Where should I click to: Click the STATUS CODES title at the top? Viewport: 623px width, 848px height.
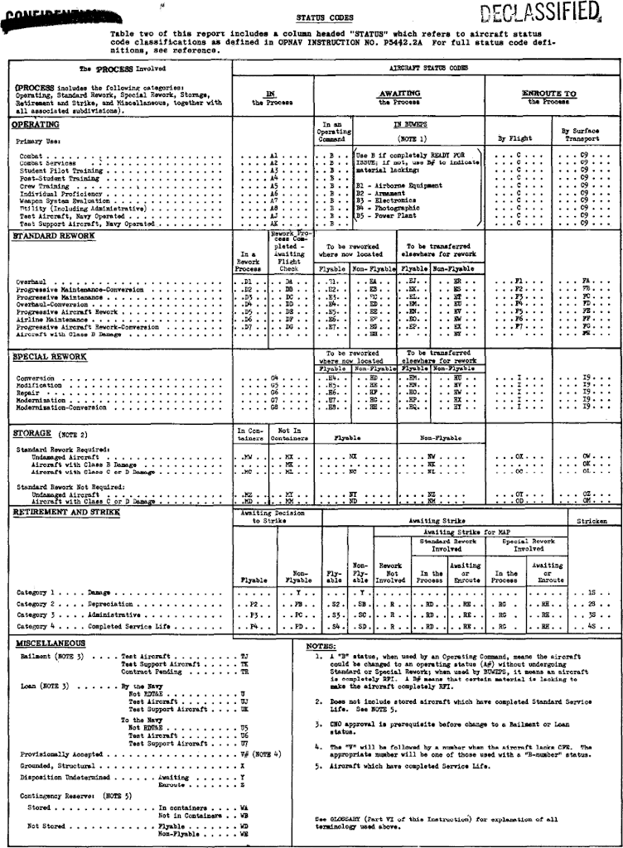(x=325, y=17)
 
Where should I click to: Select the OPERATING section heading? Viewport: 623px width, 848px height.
(x=36, y=125)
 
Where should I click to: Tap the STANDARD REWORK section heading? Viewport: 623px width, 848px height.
(x=54, y=236)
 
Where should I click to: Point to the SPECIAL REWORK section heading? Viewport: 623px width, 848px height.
(x=50, y=356)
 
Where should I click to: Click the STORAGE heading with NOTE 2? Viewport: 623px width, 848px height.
(x=51, y=433)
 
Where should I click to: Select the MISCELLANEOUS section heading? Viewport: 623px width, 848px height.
(x=51, y=643)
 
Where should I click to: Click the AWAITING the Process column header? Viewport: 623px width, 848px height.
(x=399, y=98)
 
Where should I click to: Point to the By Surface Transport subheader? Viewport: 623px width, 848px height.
(x=577, y=135)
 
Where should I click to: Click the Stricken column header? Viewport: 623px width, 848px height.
(x=592, y=522)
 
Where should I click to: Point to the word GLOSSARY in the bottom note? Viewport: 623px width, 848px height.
(x=340, y=818)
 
